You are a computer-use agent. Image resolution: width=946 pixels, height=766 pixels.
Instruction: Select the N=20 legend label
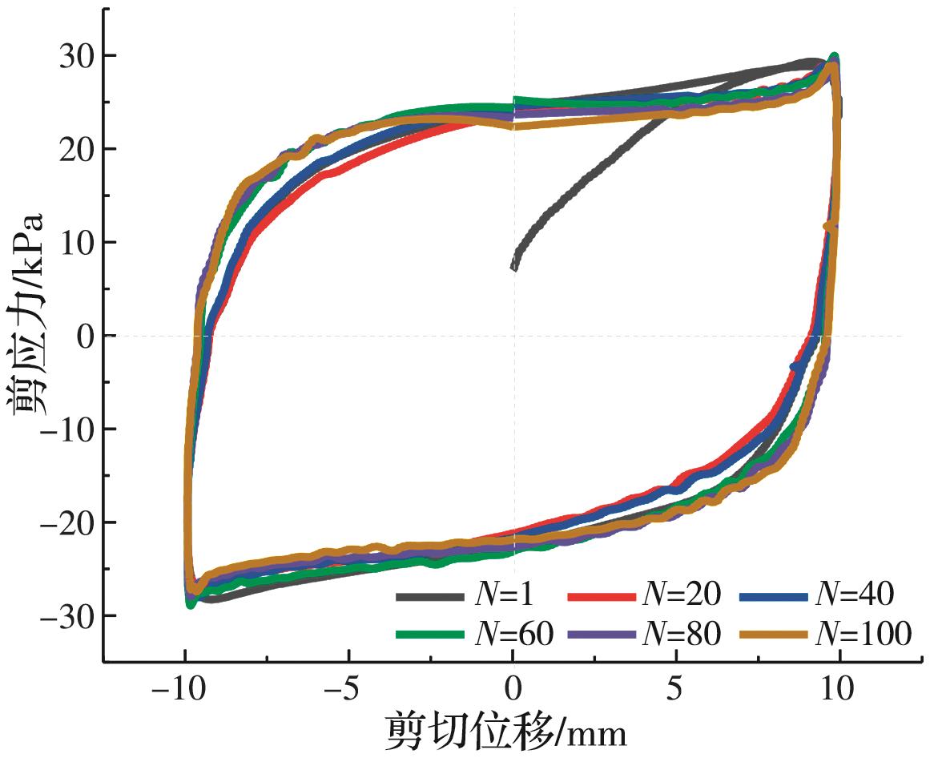tap(681, 595)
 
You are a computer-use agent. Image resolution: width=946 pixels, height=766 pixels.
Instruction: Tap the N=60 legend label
tap(514, 634)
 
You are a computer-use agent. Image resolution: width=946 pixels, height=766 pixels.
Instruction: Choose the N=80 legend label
tap(681, 634)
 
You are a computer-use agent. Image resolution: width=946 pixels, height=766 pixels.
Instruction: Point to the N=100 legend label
tap(863, 634)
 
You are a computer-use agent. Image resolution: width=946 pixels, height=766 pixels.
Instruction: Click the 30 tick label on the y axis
tap(76, 56)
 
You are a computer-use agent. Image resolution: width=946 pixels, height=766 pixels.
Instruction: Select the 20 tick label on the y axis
tap(76, 149)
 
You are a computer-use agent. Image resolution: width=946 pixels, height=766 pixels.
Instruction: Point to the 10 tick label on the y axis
tap(76, 243)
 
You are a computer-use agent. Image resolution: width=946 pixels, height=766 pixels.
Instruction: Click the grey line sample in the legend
tap(430, 595)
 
